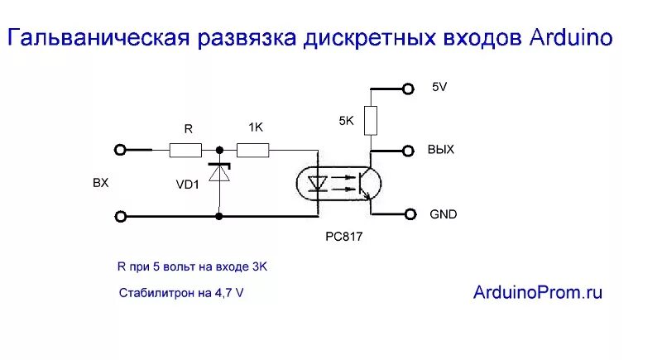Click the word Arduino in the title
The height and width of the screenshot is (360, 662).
pos(568,37)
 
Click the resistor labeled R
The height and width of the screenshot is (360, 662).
pos(185,151)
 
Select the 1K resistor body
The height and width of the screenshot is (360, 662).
pos(253,151)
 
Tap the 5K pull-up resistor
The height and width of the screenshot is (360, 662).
pos(372,120)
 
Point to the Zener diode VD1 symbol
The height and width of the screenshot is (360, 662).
pos(219,175)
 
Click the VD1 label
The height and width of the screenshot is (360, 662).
pos(187,185)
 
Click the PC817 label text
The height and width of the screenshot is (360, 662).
pos(344,237)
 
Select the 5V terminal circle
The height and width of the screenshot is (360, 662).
pos(407,89)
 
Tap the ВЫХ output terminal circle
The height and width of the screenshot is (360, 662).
pos(407,151)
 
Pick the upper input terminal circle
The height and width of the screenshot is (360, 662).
pos(121,150)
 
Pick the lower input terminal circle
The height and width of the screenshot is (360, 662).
pos(121,217)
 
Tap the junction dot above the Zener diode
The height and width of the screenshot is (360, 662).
pos(219,151)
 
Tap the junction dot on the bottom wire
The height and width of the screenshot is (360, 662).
pos(219,217)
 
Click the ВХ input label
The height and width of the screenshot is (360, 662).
pos(100,184)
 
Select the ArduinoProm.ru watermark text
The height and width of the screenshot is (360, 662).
pos(538,291)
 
